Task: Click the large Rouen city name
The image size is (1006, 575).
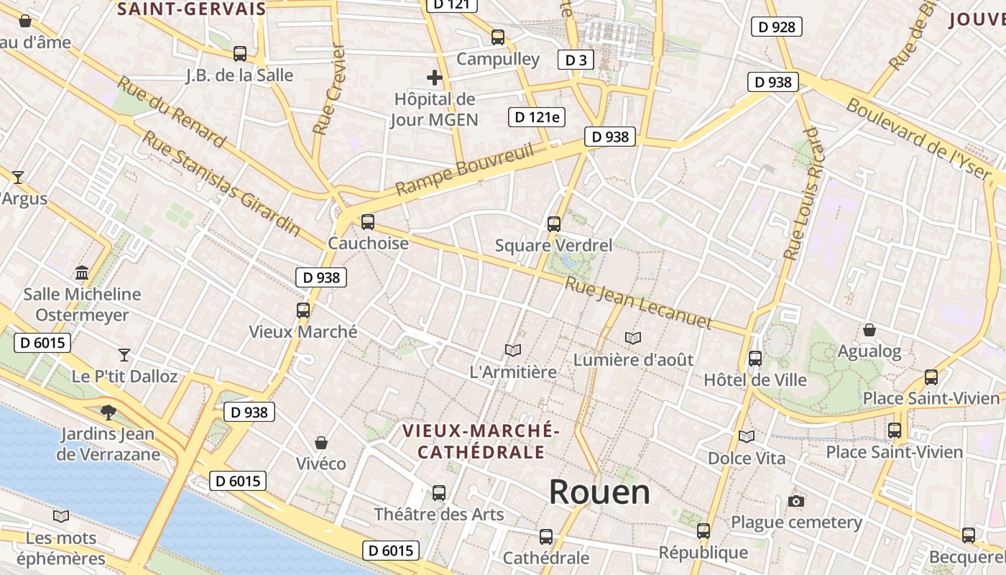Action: pos(599,492)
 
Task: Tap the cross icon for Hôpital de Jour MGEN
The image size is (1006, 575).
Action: pos(435,77)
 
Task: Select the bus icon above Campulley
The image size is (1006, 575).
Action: pos(497,37)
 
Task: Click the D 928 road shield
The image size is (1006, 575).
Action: pos(776,27)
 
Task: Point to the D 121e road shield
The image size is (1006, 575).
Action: pos(537,116)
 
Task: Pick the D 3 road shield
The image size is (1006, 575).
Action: pos(576,60)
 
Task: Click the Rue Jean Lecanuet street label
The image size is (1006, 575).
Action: pos(637,303)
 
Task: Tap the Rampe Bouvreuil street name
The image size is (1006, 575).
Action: pos(465,170)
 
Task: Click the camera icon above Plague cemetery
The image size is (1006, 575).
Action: pos(795,501)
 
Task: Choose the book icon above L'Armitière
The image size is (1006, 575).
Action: pos(512,351)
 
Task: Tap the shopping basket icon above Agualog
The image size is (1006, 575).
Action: pos(869,330)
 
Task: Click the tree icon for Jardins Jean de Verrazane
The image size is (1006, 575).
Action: pos(108,412)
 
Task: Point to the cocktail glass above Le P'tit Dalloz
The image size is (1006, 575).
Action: pos(124,354)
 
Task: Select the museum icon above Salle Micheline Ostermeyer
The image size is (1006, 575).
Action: pos(82,273)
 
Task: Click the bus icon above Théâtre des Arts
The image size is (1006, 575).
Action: pos(438,493)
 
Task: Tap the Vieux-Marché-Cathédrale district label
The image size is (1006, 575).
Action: pos(480,441)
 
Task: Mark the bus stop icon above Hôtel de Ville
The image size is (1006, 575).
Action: pos(754,358)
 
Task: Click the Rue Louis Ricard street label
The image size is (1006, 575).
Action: pos(801,194)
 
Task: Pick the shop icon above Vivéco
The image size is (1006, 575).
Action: pos(321,442)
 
